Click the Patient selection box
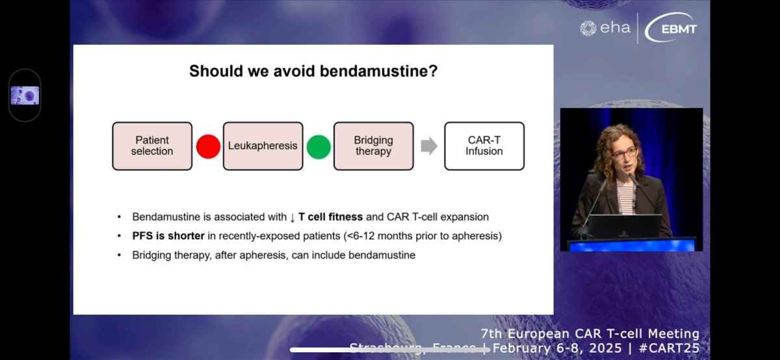152,146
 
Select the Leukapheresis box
263,146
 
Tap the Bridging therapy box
373,146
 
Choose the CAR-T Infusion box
484,146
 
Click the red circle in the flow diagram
208,147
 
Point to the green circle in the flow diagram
318,147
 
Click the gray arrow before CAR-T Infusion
429,146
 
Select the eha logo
604,28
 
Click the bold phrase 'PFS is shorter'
168,236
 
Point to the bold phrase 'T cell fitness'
330,216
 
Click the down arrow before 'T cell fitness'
292,216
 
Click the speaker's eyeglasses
624,153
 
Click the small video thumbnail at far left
25,96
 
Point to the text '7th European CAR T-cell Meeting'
590,334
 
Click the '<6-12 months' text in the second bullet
378,236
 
